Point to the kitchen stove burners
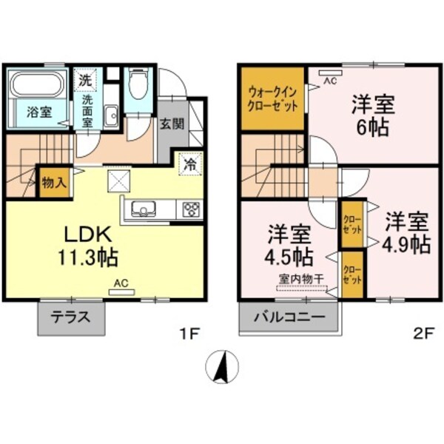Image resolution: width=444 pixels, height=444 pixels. (x=191, y=209)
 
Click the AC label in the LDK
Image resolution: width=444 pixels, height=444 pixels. (x=119, y=283)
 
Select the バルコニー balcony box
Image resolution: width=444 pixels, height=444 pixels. (x=289, y=318)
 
